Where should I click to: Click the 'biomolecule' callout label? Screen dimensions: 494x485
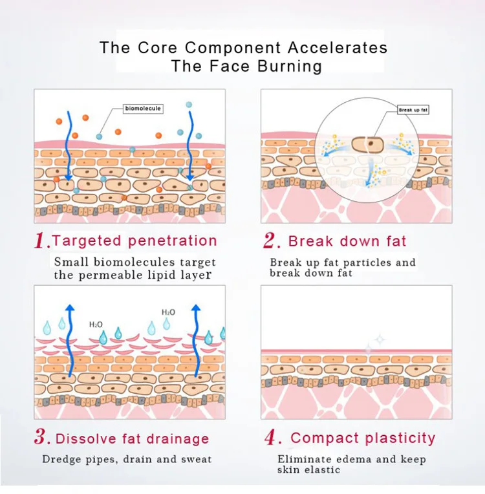pos(143,109)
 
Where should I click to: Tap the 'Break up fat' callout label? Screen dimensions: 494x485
pos(413,110)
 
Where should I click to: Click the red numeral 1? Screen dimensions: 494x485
pos(41,242)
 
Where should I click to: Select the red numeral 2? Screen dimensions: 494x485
pos(271,241)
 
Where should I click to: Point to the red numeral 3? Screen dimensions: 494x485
pos(41,438)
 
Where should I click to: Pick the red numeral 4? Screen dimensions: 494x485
pos(271,438)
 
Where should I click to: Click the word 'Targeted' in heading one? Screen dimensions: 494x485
pos(87,241)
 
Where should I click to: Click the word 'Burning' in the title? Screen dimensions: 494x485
pos(290,66)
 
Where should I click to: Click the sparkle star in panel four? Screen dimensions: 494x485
pos(379,338)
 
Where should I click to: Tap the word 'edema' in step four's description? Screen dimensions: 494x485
pos(356,459)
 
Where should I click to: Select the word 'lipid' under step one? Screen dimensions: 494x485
pos(162,275)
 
